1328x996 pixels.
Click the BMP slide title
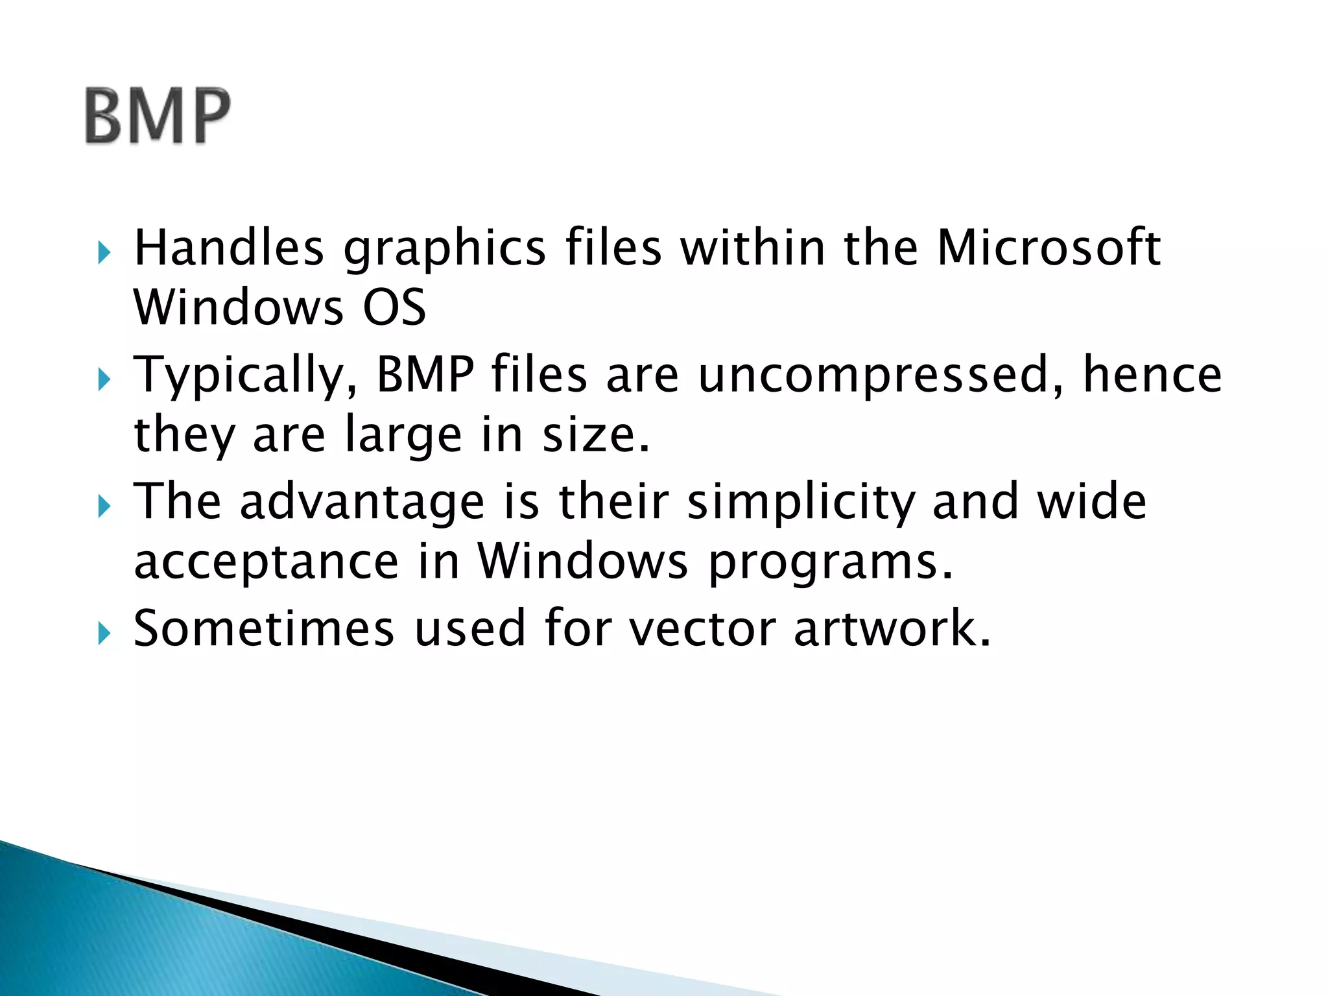(x=158, y=116)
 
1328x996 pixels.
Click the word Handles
(x=228, y=248)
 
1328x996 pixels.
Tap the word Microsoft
(x=1049, y=248)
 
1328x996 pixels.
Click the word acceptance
(x=266, y=562)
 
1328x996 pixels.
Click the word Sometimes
(x=263, y=628)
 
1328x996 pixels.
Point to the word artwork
(x=892, y=628)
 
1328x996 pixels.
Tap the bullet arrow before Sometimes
(x=104, y=633)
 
